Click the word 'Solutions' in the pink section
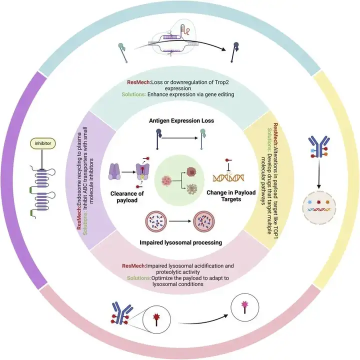[137, 277]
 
